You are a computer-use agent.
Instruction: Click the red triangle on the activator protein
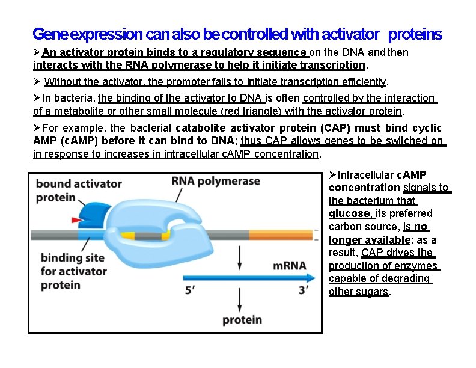tap(78, 220)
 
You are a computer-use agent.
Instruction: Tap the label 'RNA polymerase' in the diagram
tap(216, 182)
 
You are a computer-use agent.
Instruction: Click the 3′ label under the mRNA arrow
tap(304, 290)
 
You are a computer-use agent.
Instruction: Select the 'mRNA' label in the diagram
tap(290, 265)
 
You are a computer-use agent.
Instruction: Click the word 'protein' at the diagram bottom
tap(242, 319)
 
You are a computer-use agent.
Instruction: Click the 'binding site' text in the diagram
tap(65, 258)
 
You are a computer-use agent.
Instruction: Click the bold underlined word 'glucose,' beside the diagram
tap(351, 213)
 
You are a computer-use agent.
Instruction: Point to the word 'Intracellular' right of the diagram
tap(366, 175)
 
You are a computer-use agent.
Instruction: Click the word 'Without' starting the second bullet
tap(63, 82)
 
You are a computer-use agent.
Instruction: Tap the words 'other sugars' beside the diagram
tap(359, 292)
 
